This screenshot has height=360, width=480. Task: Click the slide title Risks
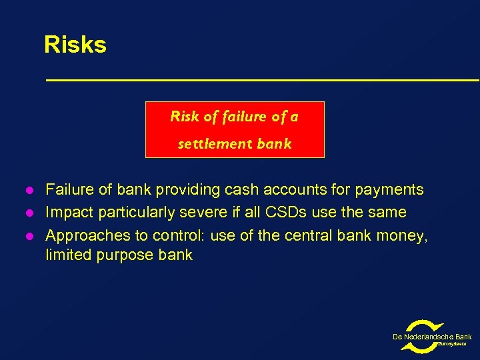(75, 45)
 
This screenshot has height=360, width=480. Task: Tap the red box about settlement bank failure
(235, 130)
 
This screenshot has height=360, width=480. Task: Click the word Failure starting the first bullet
(69, 190)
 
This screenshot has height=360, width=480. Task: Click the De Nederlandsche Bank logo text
(431, 337)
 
